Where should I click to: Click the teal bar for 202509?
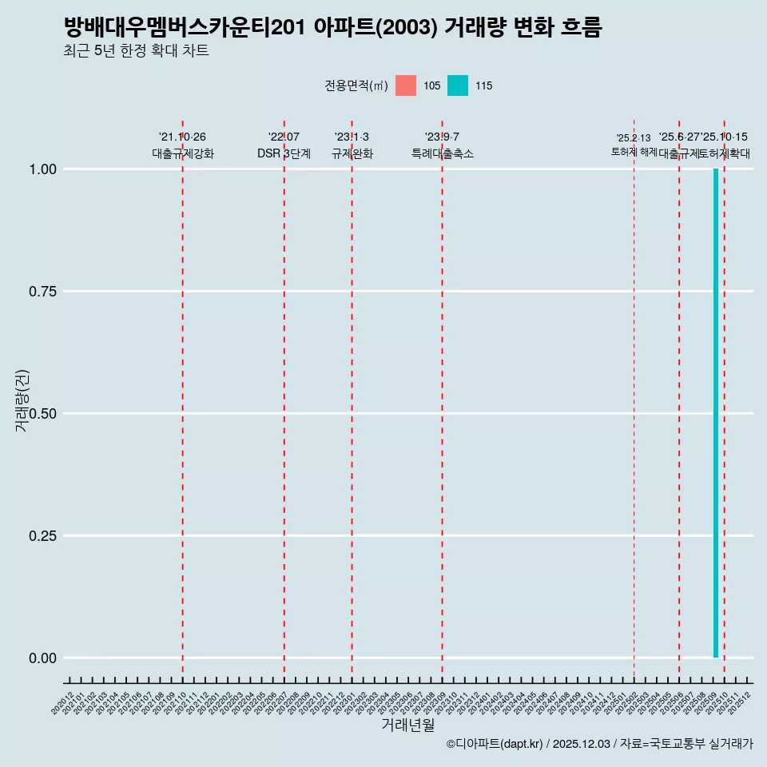point(716,413)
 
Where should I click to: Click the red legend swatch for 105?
point(406,85)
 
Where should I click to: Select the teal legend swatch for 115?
point(458,85)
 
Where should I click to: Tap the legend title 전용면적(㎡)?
point(356,86)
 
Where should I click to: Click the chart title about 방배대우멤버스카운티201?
point(332,27)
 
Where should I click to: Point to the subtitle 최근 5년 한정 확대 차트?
point(136,51)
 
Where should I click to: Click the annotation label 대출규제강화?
point(183,153)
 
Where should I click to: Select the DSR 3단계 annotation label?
point(284,153)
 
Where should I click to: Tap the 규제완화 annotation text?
point(352,153)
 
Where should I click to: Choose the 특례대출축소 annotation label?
point(443,153)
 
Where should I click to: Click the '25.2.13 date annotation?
point(634,137)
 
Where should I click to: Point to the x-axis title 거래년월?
point(407,725)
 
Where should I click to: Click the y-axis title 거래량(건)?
point(22,400)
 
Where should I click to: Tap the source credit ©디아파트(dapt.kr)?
point(495,744)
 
